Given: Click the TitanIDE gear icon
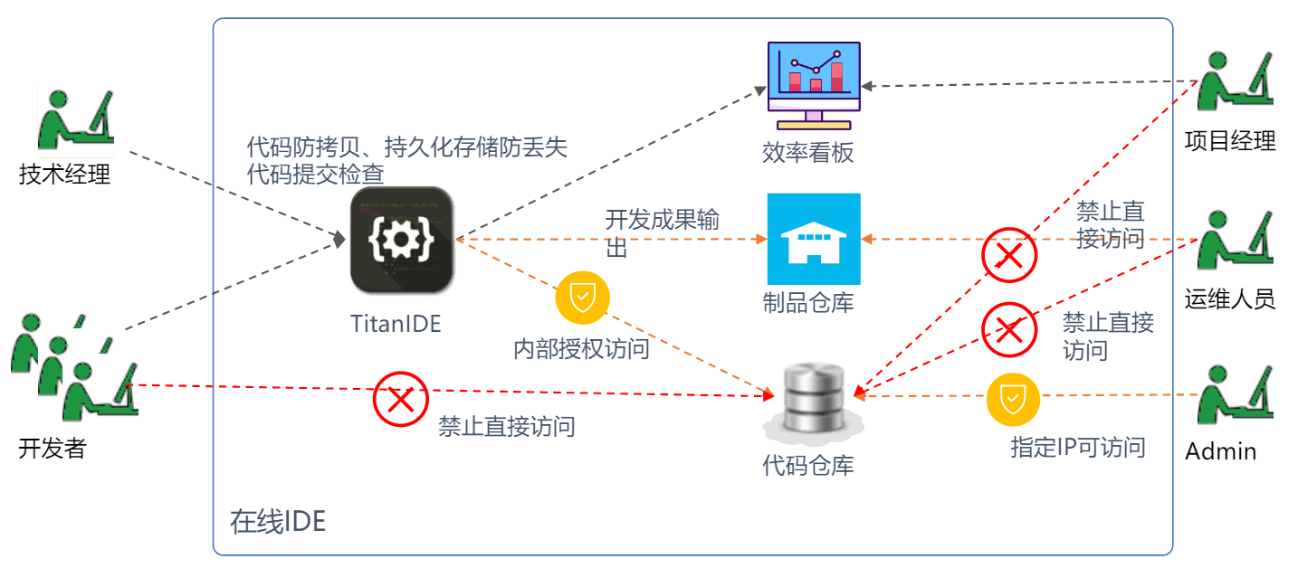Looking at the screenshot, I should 402,240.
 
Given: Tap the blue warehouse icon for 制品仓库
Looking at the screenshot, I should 814,239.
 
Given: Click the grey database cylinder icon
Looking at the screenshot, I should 812,398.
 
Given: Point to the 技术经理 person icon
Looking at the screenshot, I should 76,118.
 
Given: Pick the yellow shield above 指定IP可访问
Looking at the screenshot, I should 1013,398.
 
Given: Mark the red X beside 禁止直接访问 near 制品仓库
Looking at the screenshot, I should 1009,256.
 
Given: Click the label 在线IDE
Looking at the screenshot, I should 277,522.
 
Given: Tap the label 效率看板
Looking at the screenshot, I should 808,152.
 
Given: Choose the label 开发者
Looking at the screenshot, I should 52,448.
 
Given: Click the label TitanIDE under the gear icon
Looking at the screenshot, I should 396,323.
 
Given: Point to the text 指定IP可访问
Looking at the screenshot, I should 1078,447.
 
